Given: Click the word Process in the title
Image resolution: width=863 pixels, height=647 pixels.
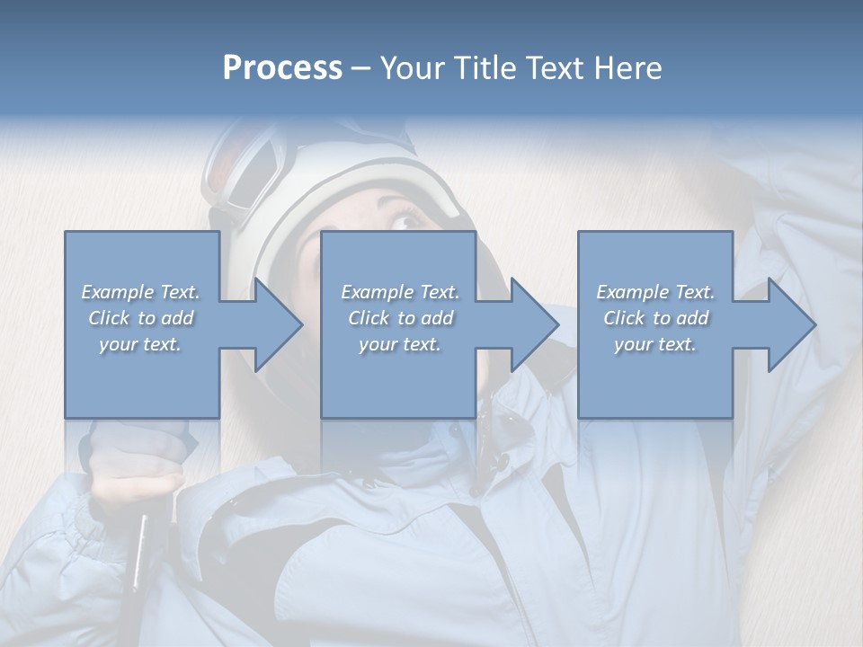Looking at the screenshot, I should [x=282, y=68].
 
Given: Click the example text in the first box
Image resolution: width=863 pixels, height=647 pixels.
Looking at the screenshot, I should [x=141, y=317].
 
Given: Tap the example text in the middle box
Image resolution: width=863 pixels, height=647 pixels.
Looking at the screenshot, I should [x=399, y=317].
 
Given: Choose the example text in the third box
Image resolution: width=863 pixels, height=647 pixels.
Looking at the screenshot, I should [x=655, y=317].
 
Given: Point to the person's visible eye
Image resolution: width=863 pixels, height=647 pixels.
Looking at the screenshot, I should [x=407, y=221].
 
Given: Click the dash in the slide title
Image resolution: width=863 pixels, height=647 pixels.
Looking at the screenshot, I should [x=360, y=68].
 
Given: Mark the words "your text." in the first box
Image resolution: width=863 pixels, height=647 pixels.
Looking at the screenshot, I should [x=140, y=343].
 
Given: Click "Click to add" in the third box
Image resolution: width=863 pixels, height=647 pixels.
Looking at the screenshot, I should [x=655, y=317].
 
